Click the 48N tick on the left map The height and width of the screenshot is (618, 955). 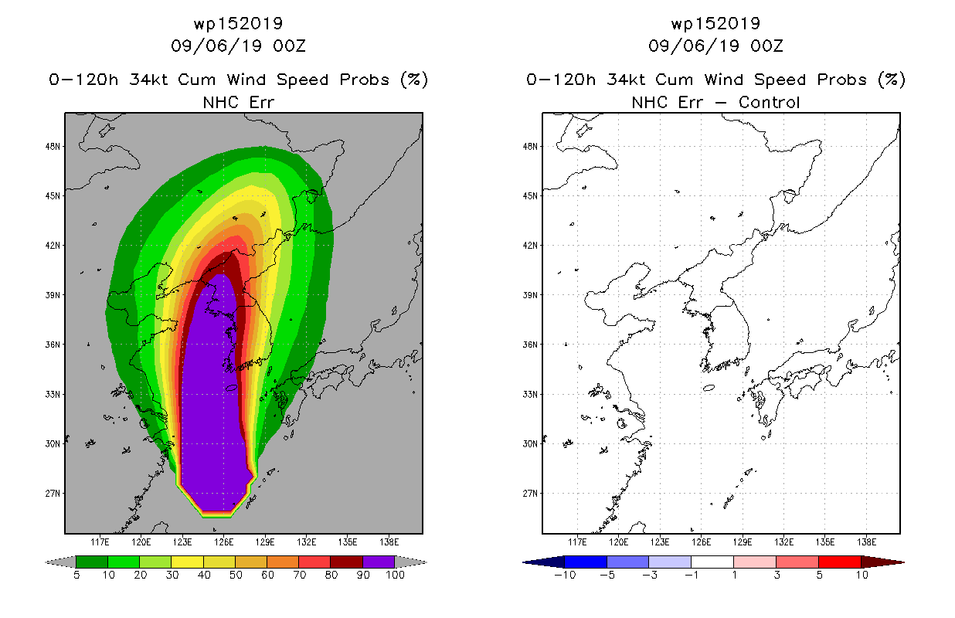tap(53, 147)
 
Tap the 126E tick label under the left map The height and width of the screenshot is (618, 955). tap(224, 542)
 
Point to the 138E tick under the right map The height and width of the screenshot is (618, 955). tap(867, 542)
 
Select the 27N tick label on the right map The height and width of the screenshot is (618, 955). tap(530, 494)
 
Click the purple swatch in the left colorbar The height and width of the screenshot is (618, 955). tap(379, 562)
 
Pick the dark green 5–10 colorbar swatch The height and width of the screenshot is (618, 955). tap(92, 562)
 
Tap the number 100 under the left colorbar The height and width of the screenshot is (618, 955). tap(395, 575)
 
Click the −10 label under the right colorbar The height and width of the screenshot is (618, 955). tap(565, 575)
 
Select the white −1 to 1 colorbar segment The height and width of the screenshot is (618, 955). tap(712, 562)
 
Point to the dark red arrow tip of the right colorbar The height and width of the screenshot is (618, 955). tap(904, 562)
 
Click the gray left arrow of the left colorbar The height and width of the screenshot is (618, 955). tap(60, 562)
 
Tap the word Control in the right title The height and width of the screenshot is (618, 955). tap(769, 103)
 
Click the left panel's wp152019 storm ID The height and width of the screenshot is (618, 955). tap(238, 24)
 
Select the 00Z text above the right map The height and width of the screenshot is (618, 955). tap(766, 46)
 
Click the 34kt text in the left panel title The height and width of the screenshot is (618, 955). tap(149, 80)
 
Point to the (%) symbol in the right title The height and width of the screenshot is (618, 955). tap(892, 80)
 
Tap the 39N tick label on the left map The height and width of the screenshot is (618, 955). tap(53, 295)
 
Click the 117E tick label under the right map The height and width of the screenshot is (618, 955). tap(577, 542)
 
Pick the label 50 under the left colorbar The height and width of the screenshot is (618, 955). tap(236, 575)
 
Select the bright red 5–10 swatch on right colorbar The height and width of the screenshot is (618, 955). tap(840, 562)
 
